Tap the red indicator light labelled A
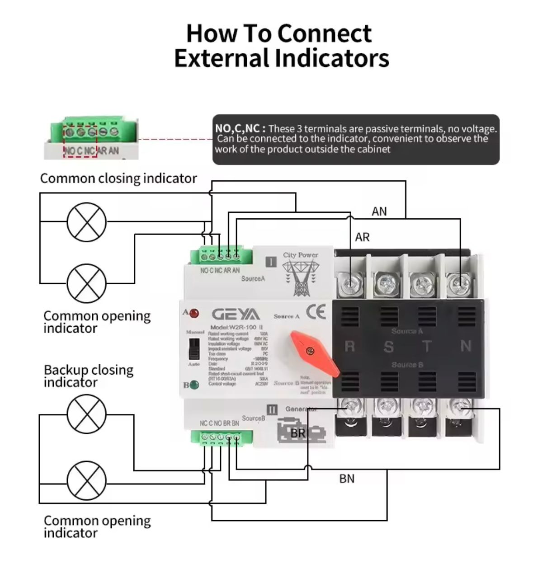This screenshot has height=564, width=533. (194, 313)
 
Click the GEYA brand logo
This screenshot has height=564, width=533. (236, 315)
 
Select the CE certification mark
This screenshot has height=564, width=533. (316, 312)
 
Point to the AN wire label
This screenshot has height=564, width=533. (379, 211)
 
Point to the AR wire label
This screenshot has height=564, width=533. (362, 237)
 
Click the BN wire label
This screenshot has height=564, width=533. (347, 479)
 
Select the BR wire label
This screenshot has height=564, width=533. (298, 433)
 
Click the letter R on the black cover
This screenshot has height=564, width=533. (349, 347)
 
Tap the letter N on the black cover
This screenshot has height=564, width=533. (466, 346)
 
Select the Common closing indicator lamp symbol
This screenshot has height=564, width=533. (87, 222)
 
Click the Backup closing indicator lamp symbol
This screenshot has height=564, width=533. (87, 414)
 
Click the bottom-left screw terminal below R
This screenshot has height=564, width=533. (350, 406)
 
